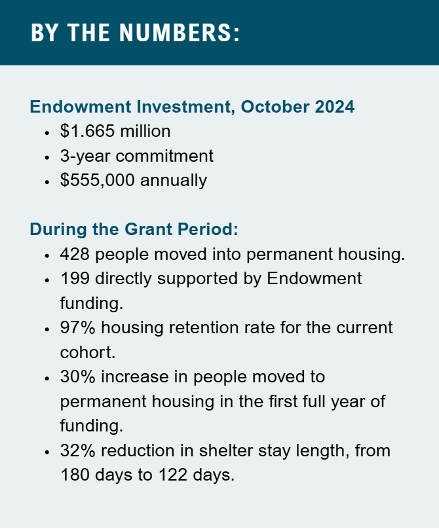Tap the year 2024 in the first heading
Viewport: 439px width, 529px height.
(335, 107)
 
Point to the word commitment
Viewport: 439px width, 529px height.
(164, 156)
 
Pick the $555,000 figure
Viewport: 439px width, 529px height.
(97, 180)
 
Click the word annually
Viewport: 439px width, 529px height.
(174, 181)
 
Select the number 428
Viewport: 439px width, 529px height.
(75, 254)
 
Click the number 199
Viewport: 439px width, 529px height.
(75, 279)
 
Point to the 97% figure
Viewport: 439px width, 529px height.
(78, 327)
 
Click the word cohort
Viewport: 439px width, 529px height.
(88, 352)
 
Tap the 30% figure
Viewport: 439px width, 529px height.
(78, 377)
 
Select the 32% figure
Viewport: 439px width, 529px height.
(78, 450)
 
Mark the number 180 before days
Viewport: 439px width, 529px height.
(75, 475)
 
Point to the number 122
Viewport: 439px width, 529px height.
(172, 475)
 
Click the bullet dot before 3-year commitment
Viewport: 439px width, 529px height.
(47, 157)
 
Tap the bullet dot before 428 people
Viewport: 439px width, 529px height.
(47, 255)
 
